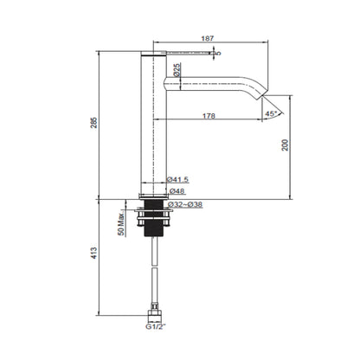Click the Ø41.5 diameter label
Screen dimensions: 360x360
(179, 179)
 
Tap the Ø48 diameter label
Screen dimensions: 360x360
(177, 190)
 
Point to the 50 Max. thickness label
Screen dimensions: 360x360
(122, 227)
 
